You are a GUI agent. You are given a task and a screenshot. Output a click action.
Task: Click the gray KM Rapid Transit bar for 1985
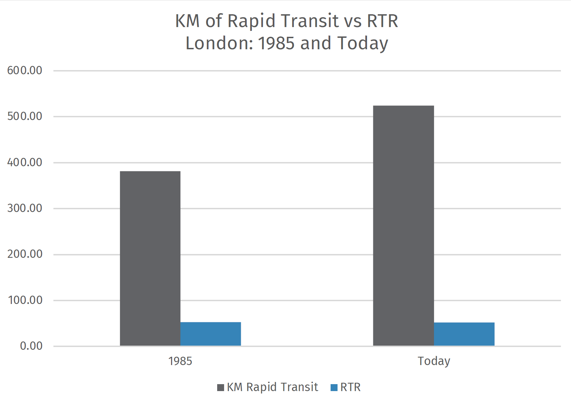click(150, 258)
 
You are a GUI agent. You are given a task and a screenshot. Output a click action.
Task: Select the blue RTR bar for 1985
click(211, 334)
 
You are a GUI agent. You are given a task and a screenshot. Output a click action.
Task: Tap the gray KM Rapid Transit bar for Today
click(403, 226)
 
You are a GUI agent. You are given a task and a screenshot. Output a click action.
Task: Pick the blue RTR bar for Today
click(464, 334)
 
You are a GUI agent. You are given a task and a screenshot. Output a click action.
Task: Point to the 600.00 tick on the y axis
click(25, 71)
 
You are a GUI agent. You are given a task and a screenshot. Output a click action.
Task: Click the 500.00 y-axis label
click(25, 117)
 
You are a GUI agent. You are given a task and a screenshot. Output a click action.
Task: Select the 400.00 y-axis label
click(25, 162)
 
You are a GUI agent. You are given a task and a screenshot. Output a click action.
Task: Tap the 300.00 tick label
click(25, 208)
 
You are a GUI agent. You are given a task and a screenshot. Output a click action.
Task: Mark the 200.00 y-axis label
click(25, 254)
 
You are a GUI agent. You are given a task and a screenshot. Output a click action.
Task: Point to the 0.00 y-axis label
click(31, 346)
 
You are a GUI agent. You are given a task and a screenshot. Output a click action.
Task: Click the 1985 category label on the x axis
click(180, 361)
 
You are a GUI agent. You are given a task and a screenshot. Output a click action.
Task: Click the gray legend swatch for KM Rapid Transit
click(221, 388)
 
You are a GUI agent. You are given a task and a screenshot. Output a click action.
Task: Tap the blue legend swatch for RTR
click(334, 388)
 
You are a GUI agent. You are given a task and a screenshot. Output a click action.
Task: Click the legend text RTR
click(350, 387)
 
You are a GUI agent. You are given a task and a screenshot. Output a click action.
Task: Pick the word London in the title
click(219, 43)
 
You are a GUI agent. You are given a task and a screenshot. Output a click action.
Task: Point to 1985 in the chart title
click(276, 43)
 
